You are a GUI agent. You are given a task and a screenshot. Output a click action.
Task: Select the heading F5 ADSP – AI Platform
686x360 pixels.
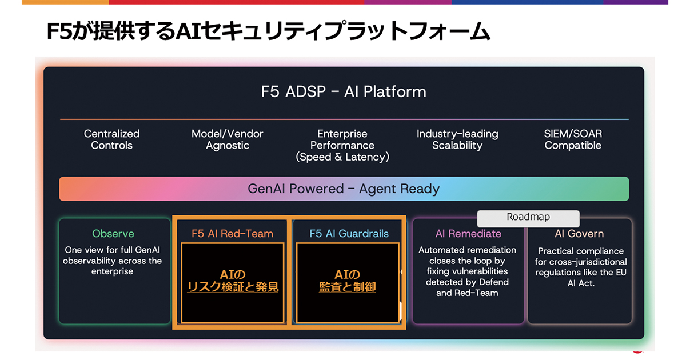click(343, 91)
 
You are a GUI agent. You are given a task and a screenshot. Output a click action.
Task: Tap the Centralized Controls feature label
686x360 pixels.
click(112, 139)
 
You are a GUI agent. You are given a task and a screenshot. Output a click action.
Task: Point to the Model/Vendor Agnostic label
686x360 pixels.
click(228, 139)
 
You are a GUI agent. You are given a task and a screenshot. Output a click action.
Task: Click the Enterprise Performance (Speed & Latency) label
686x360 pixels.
click(342, 145)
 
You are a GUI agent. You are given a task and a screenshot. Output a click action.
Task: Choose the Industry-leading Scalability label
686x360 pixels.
click(457, 139)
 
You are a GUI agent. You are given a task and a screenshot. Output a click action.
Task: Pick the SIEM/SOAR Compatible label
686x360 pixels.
click(573, 139)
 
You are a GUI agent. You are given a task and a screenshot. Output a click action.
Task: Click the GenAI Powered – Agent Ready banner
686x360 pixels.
click(344, 189)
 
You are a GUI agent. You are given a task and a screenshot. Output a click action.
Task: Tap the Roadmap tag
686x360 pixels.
click(528, 218)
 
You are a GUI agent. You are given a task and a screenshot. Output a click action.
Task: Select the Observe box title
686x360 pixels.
click(113, 234)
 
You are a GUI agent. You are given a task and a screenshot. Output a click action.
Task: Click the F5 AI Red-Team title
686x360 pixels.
click(232, 233)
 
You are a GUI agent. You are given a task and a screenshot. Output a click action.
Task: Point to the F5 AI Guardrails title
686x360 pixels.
click(349, 233)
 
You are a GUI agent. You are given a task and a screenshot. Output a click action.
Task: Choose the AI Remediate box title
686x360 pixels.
click(468, 233)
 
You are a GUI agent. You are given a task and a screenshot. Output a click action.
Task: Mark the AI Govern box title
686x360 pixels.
click(579, 234)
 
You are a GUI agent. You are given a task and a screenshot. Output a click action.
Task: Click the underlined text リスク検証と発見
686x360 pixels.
click(233, 287)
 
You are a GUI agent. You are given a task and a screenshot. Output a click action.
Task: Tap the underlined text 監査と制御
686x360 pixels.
click(347, 287)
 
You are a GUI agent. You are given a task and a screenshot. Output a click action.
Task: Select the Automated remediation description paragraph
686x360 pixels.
click(468, 271)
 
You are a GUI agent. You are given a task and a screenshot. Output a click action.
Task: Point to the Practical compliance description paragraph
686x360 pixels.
click(580, 267)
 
